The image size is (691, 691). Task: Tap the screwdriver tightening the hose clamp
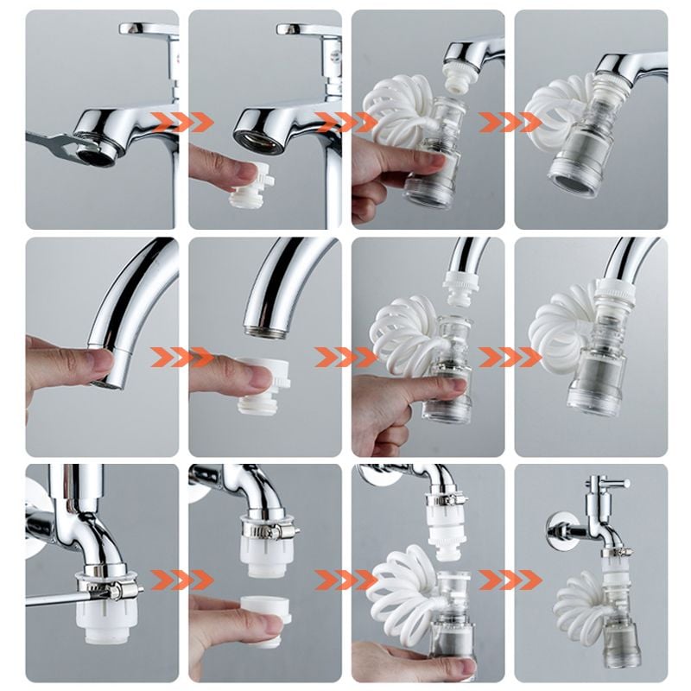point(52,595)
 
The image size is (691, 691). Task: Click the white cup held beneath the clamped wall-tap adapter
point(259,617)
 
